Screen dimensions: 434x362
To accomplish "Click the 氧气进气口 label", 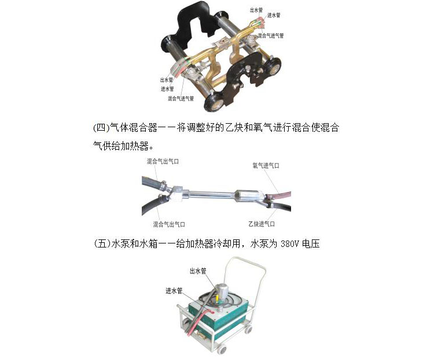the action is point(266,165).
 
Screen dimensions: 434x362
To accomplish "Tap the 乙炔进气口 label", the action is point(262,224).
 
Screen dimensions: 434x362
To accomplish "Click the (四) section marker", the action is point(101,128).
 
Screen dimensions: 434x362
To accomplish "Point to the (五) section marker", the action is point(102,244).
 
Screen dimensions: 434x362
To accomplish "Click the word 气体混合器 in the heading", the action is point(133,128).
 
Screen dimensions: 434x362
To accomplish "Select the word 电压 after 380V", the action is point(311,244).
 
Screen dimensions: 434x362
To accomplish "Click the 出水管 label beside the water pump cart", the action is point(198,271).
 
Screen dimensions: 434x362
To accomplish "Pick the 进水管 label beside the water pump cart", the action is point(174,291).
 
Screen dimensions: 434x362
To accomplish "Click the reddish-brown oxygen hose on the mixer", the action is point(280,195).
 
